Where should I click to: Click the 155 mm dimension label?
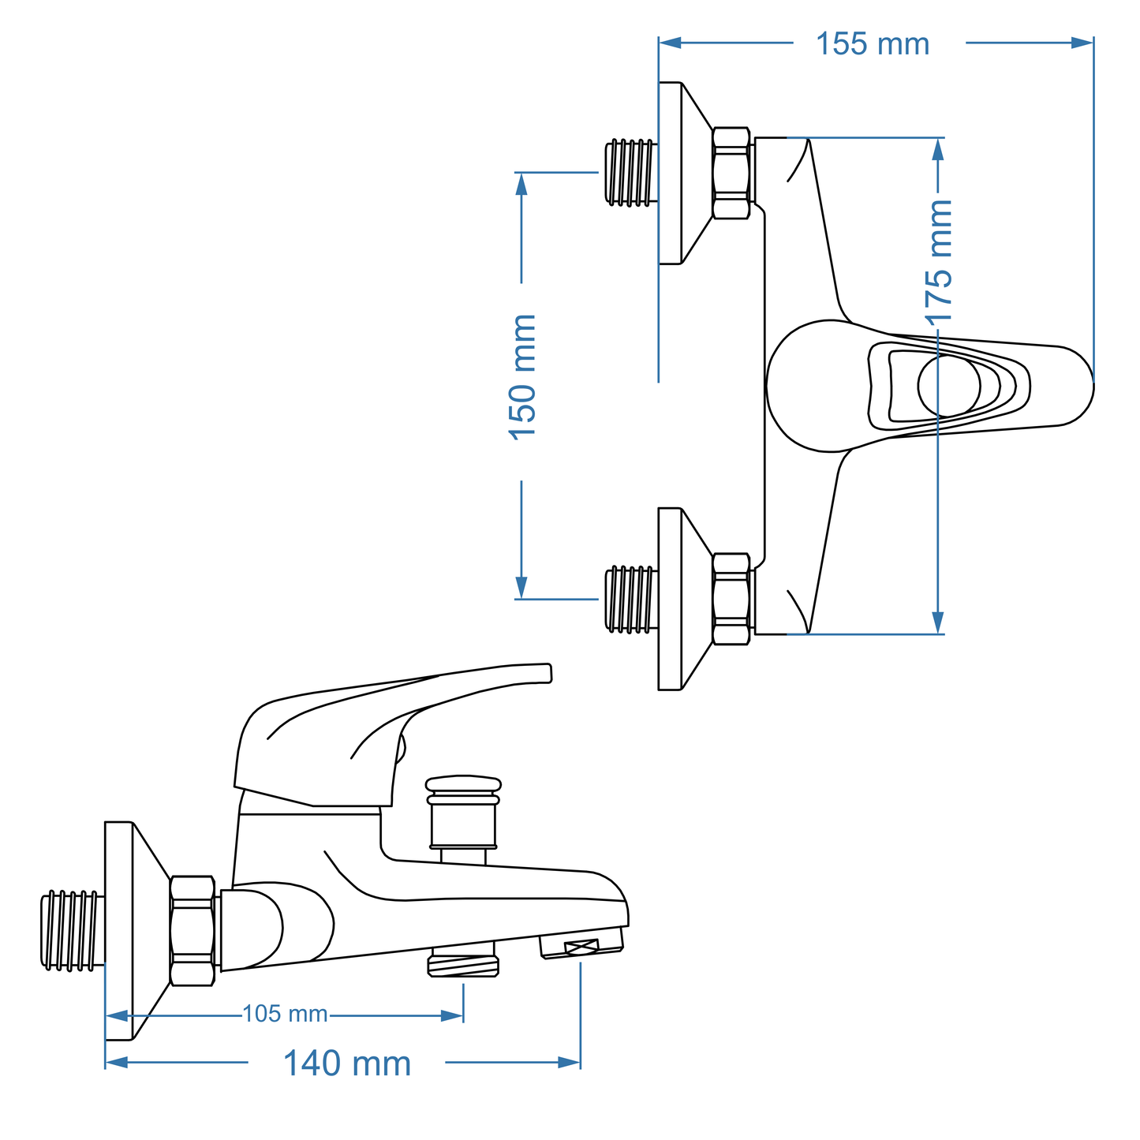(873, 44)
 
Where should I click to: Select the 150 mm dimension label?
(522, 378)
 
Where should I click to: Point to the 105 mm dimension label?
(285, 1015)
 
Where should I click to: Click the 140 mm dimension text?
(347, 1063)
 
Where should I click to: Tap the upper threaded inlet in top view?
(630, 173)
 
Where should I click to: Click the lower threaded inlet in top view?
(630, 600)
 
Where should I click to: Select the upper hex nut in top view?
(731, 173)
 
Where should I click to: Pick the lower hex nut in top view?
(731, 600)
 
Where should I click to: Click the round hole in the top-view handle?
(949, 386)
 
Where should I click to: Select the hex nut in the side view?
(192, 931)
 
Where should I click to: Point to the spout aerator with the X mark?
(581, 946)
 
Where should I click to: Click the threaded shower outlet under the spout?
(463, 965)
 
